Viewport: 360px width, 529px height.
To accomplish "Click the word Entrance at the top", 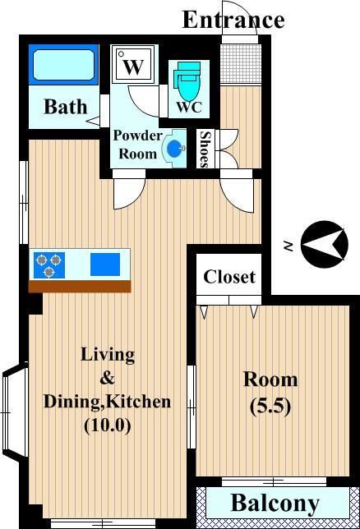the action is click(233, 20).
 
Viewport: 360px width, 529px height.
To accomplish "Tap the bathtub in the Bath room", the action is click(63, 65).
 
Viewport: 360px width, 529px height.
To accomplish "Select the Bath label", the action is click(66, 107).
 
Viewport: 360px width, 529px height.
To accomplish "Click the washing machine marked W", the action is click(133, 65).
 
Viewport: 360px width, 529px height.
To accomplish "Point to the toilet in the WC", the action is click(187, 80).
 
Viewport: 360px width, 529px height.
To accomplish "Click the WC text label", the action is click(189, 107).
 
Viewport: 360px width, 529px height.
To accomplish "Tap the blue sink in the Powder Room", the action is click(174, 148).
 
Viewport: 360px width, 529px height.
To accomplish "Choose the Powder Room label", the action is click(137, 145).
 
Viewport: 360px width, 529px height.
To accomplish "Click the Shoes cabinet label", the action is click(205, 149).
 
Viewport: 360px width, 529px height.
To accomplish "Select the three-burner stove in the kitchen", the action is click(49, 265).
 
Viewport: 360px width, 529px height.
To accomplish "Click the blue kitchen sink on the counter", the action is click(105, 264).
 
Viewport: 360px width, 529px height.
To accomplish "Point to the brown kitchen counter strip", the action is click(80, 286).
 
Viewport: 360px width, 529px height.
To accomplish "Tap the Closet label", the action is click(229, 277).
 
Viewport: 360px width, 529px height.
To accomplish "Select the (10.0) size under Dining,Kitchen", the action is click(107, 425).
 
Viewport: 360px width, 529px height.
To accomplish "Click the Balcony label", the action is click(275, 504).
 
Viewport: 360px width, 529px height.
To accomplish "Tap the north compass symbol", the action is click(324, 244).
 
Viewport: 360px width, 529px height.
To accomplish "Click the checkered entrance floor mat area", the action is click(241, 64).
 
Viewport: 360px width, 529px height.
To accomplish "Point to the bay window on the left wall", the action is click(15, 412).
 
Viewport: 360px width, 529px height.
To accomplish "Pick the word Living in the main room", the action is click(108, 355).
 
